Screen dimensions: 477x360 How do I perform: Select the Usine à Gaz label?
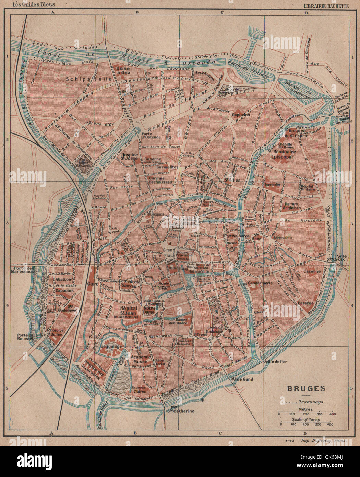coord(123,70)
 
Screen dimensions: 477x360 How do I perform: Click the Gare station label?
coord(91,284)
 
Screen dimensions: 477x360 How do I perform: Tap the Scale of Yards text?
coord(305,419)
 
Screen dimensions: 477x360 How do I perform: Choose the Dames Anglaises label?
coord(292,205)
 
